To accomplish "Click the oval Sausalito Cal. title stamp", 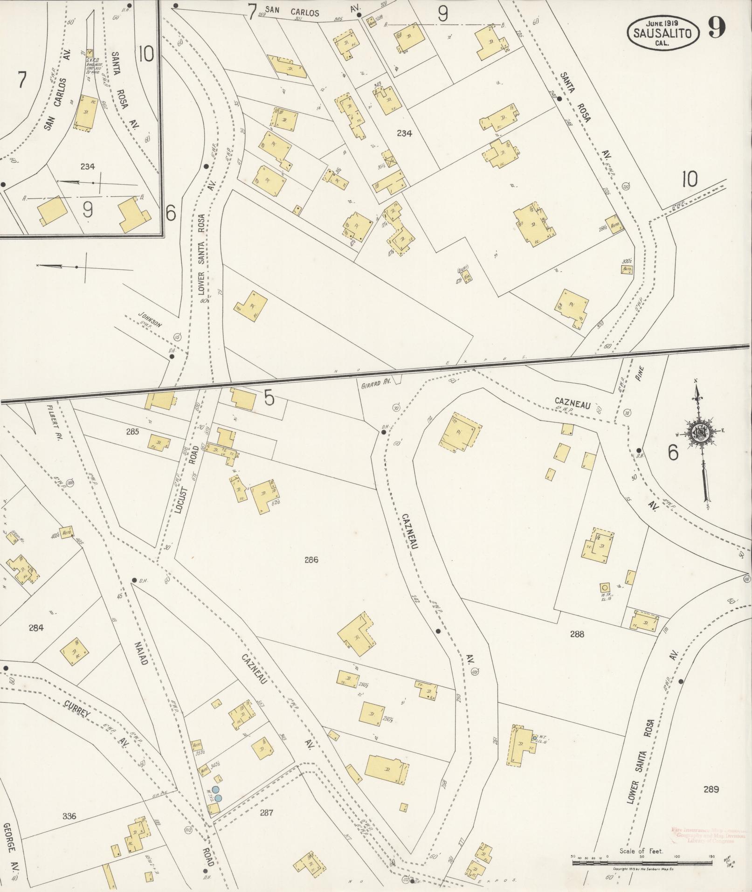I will pyautogui.click(x=663, y=32).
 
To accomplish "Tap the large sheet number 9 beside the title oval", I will pyautogui.click(x=717, y=28).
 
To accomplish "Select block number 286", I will pyautogui.click(x=311, y=560).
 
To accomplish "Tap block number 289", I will pyautogui.click(x=711, y=789).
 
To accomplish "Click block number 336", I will pyautogui.click(x=69, y=816).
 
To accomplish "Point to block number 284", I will pyautogui.click(x=36, y=628).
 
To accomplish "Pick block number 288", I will pyautogui.click(x=577, y=634).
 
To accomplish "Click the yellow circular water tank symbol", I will pyautogui.click(x=605, y=587).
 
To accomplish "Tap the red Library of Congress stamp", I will pyautogui.click(x=709, y=835).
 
